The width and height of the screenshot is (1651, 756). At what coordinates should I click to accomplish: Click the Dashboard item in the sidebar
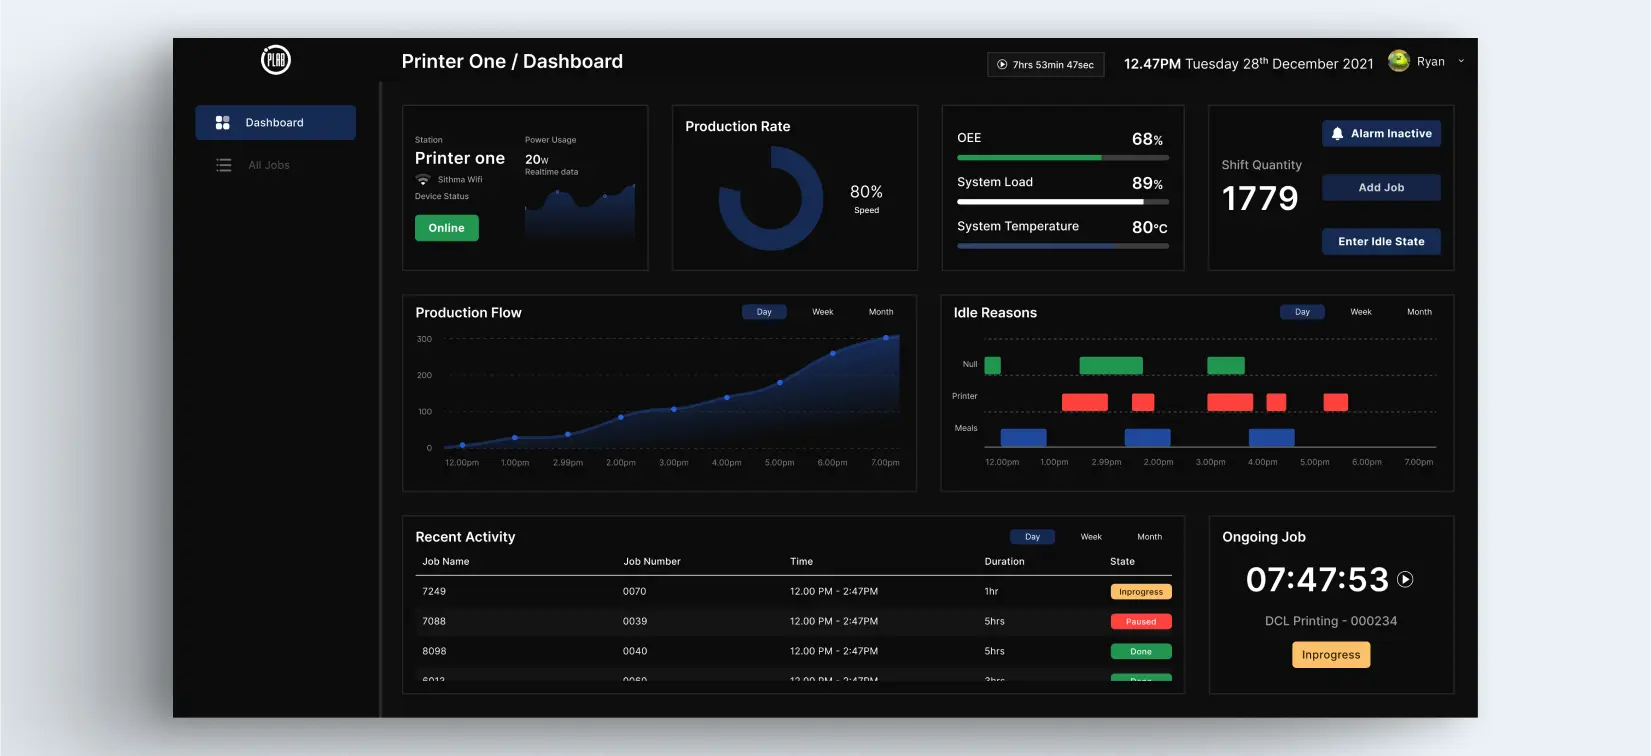pos(274,123)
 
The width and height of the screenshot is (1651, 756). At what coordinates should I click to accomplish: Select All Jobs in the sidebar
pos(268,165)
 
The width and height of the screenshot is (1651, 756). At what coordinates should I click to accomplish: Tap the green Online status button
pos(446,228)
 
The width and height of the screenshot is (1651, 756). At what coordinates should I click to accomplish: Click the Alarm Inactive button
pos(1381,134)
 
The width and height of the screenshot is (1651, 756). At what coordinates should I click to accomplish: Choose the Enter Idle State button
pos(1381,242)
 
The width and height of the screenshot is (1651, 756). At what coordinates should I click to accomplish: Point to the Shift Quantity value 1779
pos(1260,199)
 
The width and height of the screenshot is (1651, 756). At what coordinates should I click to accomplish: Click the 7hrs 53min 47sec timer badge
pos(1045,65)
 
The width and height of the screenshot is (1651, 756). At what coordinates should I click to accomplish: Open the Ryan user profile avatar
pos(1399,61)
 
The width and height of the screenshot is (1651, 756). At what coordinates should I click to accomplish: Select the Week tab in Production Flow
pos(822,312)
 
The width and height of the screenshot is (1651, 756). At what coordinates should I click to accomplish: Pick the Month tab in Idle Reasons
pos(1419,312)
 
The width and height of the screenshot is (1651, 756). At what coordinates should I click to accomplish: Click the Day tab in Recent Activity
pos(1032,537)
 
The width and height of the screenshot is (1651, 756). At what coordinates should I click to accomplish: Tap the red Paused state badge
pos(1141,622)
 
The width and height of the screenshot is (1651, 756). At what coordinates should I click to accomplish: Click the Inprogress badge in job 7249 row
pos(1141,592)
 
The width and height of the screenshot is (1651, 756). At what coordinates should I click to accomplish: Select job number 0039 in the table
pos(635,622)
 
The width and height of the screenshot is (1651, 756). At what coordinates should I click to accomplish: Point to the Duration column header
pos(1004,562)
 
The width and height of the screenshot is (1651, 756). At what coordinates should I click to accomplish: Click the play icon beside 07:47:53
pos(1405,579)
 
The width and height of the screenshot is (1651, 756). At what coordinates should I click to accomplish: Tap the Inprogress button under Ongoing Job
pos(1331,655)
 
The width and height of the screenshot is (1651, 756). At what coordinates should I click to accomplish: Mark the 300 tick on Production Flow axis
pos(425,339)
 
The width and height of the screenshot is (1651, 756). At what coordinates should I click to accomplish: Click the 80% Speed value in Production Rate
pos(866,193)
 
